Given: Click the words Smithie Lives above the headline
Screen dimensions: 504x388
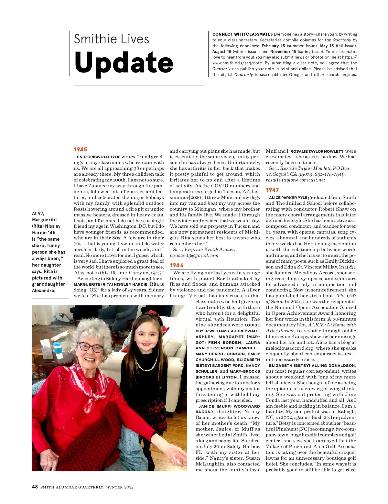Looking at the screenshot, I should point(111,39).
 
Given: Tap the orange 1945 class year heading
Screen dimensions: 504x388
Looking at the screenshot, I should point(80,149).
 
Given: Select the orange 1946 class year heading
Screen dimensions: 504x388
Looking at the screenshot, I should point(177,265).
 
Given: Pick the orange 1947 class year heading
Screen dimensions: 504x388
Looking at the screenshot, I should point(272,190).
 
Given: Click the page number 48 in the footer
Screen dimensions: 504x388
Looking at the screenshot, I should point(35,487).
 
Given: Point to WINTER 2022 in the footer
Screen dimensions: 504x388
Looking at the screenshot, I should point(120,487).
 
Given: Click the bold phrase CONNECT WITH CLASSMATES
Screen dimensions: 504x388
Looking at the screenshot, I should point(242,34).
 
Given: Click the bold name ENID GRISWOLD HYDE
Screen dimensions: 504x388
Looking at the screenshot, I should point(99,157).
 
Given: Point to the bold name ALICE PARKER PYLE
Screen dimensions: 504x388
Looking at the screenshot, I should point(288,198).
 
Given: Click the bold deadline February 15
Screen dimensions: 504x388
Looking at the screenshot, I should point(273,46).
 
